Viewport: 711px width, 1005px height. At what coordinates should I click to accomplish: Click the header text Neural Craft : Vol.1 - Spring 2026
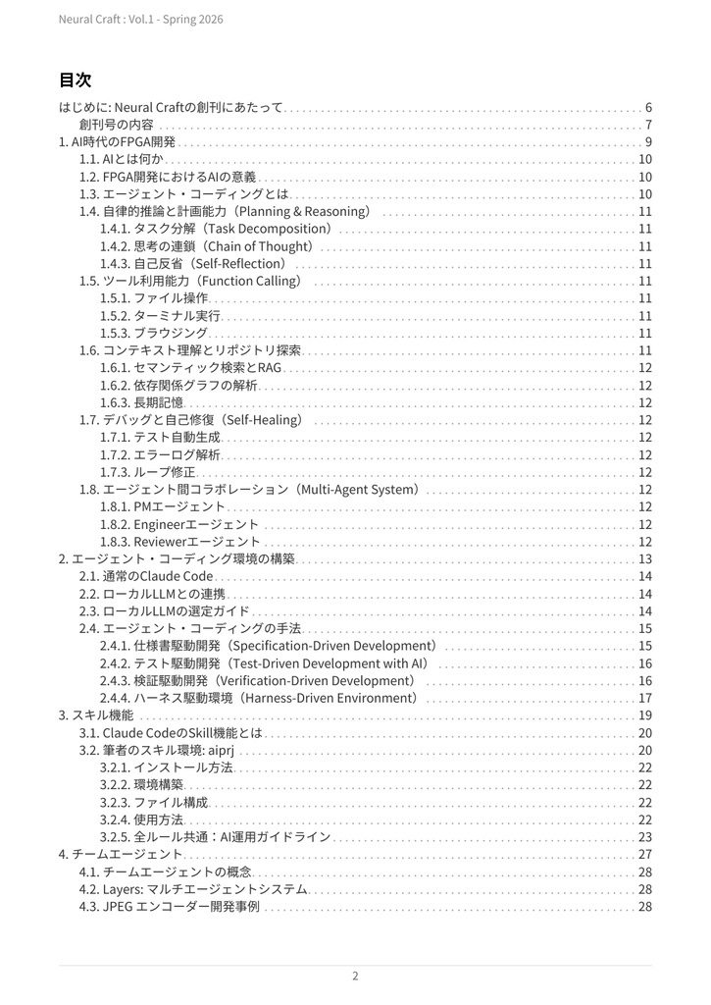pyautogui.click(x=140, y=20)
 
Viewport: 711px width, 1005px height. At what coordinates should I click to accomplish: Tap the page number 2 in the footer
pyautogui.click(x=355, y=976)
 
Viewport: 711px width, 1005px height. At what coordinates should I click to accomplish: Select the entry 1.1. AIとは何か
pyautogui.click(x=122, y=159)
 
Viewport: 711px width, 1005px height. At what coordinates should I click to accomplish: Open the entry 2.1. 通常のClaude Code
pyautogui.click(x=146, y=576)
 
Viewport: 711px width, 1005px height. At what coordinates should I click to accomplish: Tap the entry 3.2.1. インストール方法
pyautogui.click(x=167, y=767)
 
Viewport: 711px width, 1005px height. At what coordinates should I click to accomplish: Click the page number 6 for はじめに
pyautogui.click(x=648, y=107)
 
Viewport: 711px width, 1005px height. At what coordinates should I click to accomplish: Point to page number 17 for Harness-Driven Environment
pyautogui.click(x=645, y=698)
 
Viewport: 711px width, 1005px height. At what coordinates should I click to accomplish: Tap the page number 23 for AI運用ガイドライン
pyautogui.click(x=645, y=837)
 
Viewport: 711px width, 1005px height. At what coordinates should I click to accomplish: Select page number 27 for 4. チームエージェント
pyautogui.click(x=645, y=855)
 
